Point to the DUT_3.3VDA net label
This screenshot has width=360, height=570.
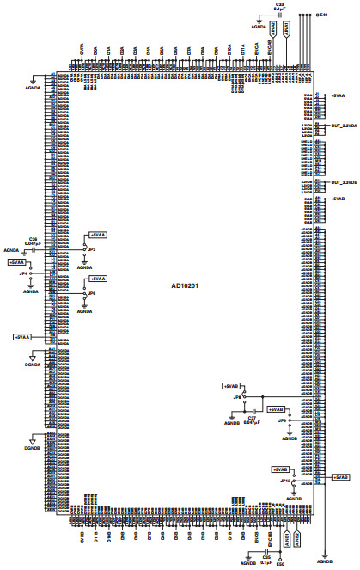[x=343, y=126]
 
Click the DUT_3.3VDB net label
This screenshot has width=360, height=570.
[x=343, y=182]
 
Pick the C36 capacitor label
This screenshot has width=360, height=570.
[x=33, y=239]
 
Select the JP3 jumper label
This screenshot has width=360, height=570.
[x=92, y=249]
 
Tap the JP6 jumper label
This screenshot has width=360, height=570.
[x=92, y=293]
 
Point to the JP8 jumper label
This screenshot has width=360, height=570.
[x=237, y=398]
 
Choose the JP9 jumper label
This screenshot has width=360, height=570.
[x=282, y=420]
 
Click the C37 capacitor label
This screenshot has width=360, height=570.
[x=252, y=417]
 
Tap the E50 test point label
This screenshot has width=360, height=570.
[x=280, y=564]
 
